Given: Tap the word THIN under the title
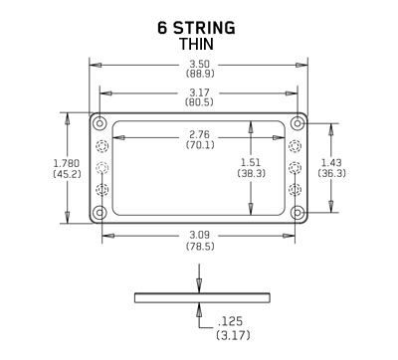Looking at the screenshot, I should click(x=199, y=45).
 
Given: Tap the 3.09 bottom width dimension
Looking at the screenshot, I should click(x=200, y=236).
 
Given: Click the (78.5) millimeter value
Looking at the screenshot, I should click(x=200, y=248).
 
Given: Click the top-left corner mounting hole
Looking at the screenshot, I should click(x=99, y=123).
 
